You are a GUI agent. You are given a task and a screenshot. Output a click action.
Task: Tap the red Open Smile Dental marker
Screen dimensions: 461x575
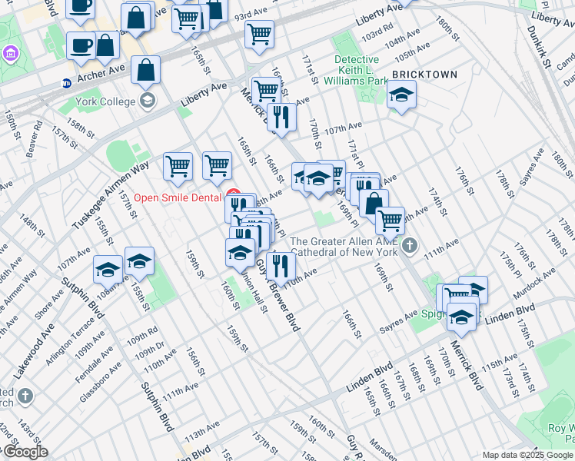coord(234,194)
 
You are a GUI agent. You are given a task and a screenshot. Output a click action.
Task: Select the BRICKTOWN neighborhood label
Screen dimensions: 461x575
coord(424,75)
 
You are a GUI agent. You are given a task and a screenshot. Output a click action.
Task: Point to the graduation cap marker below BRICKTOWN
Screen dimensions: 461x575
coord(401,95)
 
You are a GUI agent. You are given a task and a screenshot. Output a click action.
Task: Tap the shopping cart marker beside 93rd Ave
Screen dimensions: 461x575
coord(260,33)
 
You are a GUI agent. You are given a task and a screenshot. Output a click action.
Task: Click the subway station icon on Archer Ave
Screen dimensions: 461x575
coord(67,83)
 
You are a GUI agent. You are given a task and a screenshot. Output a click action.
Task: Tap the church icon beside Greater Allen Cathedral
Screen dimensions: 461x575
coord(410,246)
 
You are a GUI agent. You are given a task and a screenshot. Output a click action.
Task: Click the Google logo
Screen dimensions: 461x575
coord(25,452)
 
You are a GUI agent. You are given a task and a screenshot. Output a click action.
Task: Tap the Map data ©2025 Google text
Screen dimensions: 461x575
coord(527,455)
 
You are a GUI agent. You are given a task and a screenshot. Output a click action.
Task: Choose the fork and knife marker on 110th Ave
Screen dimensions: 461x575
coord(281,266)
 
